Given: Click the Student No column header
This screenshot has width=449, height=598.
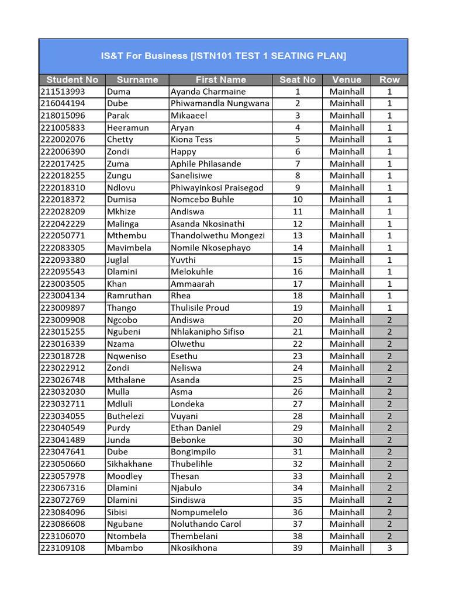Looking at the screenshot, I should [x=72, y=79].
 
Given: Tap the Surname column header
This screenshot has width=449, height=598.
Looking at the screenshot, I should [x=137, y=79].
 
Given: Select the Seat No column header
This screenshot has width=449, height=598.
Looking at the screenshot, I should [x=297, y=79].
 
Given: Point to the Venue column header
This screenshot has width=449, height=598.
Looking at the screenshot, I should [x=347, y=79].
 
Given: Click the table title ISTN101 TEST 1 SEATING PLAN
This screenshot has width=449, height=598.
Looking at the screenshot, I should [x=223, y=55].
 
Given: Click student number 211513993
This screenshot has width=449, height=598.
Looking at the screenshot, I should [x=63, y=92].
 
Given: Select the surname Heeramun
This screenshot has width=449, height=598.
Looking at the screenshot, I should [x=128, y=127].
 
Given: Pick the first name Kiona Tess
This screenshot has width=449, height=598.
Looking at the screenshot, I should [x=192, y=140].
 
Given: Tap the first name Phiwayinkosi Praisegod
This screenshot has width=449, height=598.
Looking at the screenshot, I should [x=217, y=187].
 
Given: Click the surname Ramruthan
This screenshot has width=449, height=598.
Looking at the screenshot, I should [x=129, y=295].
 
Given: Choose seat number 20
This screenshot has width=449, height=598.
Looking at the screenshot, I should [x=298, y=320].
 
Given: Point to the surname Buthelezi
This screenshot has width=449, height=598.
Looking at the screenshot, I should [x=126, y=416].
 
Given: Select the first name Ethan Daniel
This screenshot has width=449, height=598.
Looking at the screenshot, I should [x=196, y=428].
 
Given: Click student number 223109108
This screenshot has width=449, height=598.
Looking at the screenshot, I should [x=63, y=548].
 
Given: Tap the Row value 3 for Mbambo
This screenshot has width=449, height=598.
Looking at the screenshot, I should [x=389, y=548].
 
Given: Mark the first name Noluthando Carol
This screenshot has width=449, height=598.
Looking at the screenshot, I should [x=206, y=524].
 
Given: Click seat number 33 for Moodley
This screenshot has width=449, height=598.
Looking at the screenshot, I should [x=298, y=476].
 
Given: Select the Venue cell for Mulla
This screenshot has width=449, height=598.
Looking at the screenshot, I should [x=347, y=392].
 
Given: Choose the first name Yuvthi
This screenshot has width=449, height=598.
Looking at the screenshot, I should [x=184, y=260].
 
